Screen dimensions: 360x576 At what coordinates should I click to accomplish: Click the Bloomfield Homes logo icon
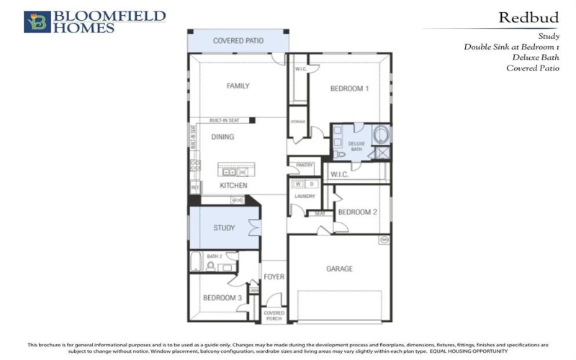pyautogui.click(x=37, y=22)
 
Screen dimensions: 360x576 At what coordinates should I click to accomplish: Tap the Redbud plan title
pyautogui.click(x=524, y=17)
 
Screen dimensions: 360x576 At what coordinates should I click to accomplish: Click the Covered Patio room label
pyautogui.click(x=238, y=41)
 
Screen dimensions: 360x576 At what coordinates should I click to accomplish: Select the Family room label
pyautogui.click(x=238, y=86)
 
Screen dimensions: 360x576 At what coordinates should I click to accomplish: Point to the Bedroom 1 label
pyautogui.click(x=349, y=89)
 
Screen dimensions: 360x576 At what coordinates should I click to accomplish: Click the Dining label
pyautogui.click(x=222, y=136)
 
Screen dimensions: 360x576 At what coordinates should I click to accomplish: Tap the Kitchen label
pyautogui.click(x=233, y=185)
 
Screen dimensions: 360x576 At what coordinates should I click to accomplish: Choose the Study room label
pyautogui.click(x=224, y=228)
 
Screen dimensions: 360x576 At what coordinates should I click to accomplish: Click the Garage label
pyautogui.click(x=339, y=269)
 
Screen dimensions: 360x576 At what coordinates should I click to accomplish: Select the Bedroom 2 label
pyautogui.click(x=358, y=212)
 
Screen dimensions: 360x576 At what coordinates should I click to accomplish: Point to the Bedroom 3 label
pyautogui.click(x=221, y=297)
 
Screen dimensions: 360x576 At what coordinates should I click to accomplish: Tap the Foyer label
pyautogui.click(x=274, y=276)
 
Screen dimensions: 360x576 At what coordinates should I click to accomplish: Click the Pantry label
pyautogui.click(x=305, y=165)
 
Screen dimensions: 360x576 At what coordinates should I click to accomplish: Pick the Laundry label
pyautogui.click(x=305, y=196)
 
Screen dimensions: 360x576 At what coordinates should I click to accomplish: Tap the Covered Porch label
pyautogui.click(x=274, y=315)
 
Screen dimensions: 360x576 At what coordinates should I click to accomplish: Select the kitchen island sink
pyautogui.click(x=229, y=172)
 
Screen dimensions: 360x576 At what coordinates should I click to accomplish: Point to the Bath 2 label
pyautogui.click(x=214, y=256)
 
